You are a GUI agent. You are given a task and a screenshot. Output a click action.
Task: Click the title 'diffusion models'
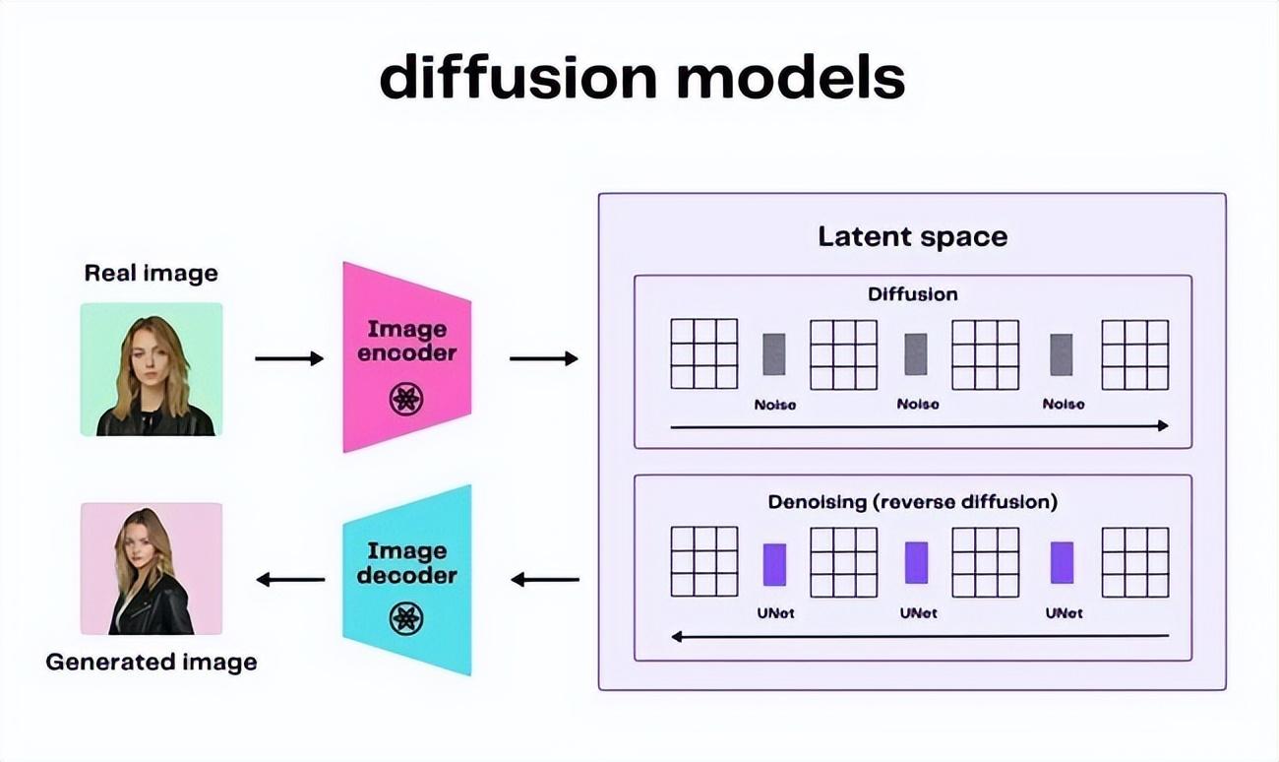click(641, 77)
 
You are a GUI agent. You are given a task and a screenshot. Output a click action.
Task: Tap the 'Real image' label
click(151, 273)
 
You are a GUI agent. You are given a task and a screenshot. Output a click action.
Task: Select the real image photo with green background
click(152, 369)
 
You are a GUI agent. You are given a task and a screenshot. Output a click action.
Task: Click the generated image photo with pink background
click(152, 568)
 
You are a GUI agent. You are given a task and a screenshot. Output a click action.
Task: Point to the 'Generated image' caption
click(152, 662)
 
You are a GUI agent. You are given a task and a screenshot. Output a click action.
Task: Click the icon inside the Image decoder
click(406, 618)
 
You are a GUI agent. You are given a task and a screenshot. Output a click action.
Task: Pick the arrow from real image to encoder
click(288, 358)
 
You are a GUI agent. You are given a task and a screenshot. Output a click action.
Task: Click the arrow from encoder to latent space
click(543, 358)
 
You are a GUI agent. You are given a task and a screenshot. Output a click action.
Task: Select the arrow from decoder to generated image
click(290, 580)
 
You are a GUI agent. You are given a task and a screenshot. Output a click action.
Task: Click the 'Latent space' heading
click(912, 236)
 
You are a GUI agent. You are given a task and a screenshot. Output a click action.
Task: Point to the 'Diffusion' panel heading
click(912, 293)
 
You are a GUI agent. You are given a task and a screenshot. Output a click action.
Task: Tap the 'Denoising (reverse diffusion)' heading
click(912, 501)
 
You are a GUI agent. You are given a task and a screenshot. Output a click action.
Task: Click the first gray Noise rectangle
click(774, 354)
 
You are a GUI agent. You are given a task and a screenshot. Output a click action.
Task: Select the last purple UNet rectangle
click(1062, 563)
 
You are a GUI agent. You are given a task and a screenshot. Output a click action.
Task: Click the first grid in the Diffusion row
click(703, 353)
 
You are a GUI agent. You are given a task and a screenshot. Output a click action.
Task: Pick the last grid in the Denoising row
click(1134, 561)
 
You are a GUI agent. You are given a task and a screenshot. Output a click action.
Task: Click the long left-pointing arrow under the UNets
click(920, 636)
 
